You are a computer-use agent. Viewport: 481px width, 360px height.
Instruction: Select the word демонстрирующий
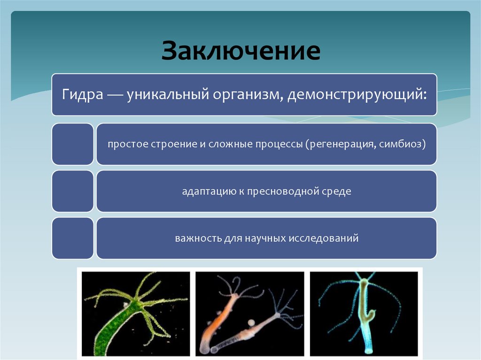pyautogui.click(x=357, y=94)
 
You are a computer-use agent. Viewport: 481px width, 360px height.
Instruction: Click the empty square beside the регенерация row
pyautogui.click(x=72, y=144)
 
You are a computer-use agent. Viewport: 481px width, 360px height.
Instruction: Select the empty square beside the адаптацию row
pyautogui.click(x=72, y=191)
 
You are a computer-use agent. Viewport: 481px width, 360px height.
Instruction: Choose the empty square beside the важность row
pyautogui.click(x=72, y=238)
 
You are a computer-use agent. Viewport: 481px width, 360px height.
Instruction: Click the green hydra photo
pyautogui.click(x=136, y=314)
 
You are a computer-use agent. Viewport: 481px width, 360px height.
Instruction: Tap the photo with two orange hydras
pyautogui.click(x=250, y=314)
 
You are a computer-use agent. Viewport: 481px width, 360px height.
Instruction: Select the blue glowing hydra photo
pyautogui.click(x=364, y=314)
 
